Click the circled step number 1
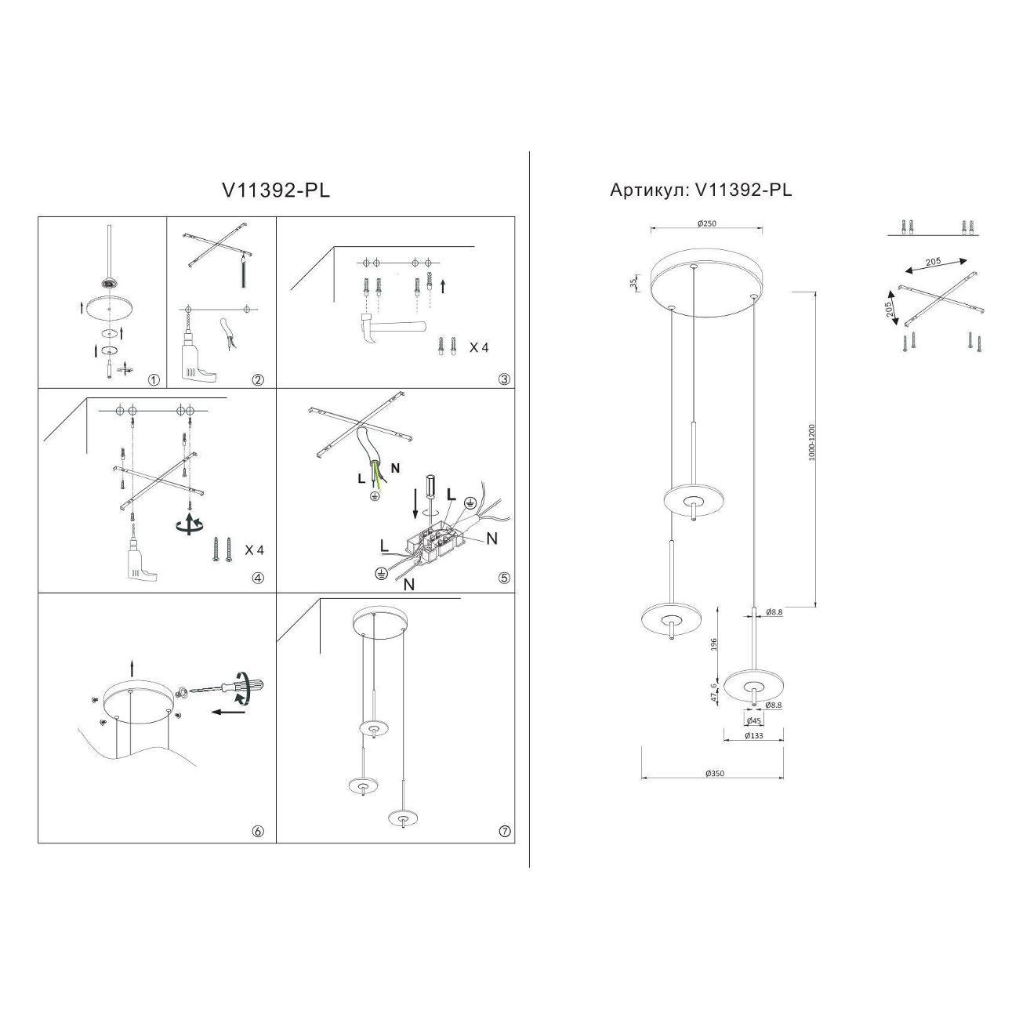[154, 380]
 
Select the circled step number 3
[504, 379]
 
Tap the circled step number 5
[504, 578]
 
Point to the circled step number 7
[504, 832]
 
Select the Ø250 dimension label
[707, 223]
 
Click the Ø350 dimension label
[713, 773]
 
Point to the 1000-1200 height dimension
[813, 443]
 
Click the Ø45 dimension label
[753, 720]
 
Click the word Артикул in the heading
[649, 190]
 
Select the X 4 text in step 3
[478, 347]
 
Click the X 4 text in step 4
[254, 550]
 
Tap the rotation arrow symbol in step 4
[188, 525]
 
